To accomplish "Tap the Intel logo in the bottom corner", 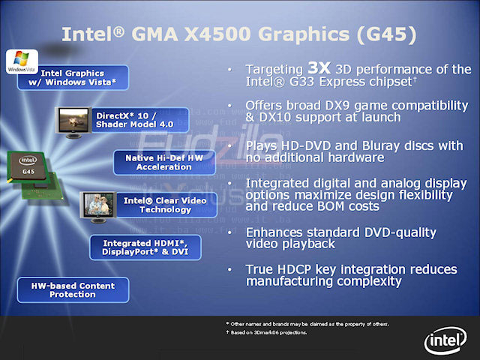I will pos(446,340).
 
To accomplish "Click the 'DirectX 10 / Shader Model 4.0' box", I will pos(130,120).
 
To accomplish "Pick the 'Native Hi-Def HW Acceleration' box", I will pos(163,162).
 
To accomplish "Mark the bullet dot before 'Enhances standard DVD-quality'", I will pos(231,232).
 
